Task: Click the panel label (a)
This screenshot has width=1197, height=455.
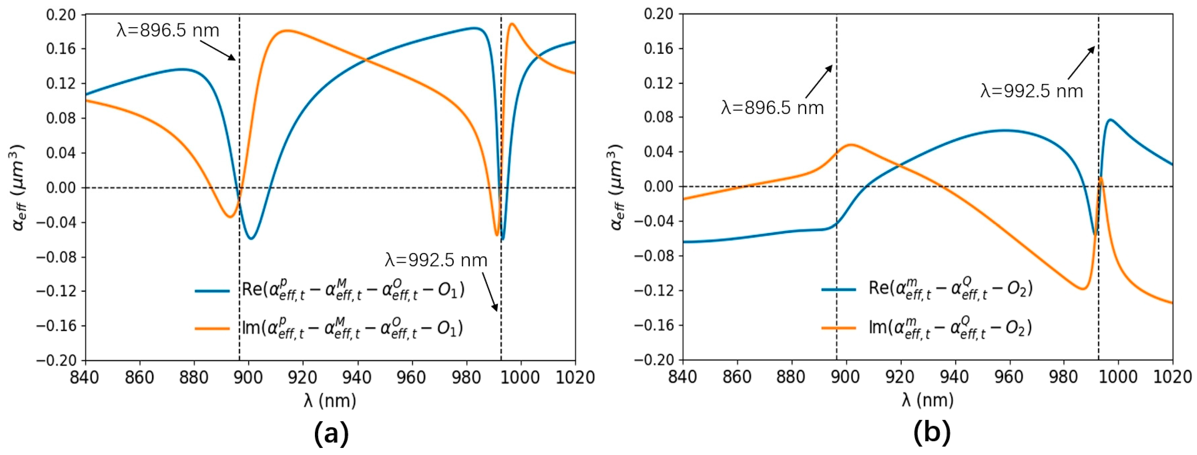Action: coord(331,434)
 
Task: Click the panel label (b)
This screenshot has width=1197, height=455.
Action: coord(932,434)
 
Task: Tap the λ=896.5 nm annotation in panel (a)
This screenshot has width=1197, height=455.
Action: coord(168,30)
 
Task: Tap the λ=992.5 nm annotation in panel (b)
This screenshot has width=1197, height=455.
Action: coord(1032,91)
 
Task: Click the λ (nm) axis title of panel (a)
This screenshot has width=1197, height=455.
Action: coord(330,401)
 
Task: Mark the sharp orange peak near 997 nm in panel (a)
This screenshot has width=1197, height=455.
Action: coord(512,24)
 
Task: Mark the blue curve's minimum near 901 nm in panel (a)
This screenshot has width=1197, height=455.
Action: coord(251,239)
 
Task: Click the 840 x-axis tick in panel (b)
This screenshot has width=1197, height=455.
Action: coord(682,377)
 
